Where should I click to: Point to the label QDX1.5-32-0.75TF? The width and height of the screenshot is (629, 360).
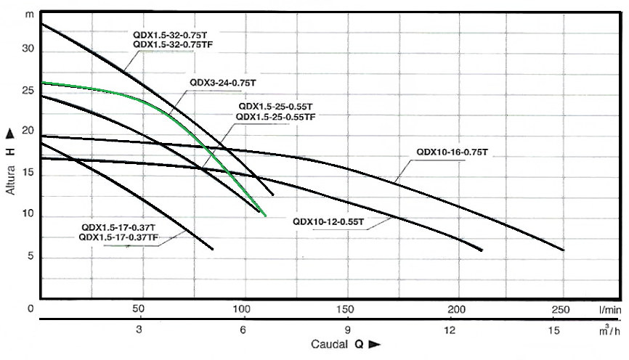175,44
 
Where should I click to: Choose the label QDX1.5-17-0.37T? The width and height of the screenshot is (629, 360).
118,226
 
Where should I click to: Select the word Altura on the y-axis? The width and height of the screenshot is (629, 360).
12,176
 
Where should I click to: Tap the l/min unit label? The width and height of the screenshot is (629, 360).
609,310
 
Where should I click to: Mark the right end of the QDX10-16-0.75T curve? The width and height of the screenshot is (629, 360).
563,250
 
